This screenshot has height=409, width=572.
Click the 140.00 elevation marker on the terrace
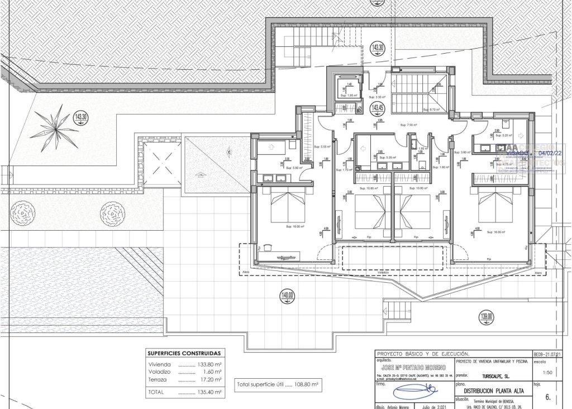point(287,296)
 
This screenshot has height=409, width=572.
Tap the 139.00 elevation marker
point(487,317)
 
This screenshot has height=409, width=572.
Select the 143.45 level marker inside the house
point(378,107)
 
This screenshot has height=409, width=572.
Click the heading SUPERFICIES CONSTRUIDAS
point(183,354)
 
